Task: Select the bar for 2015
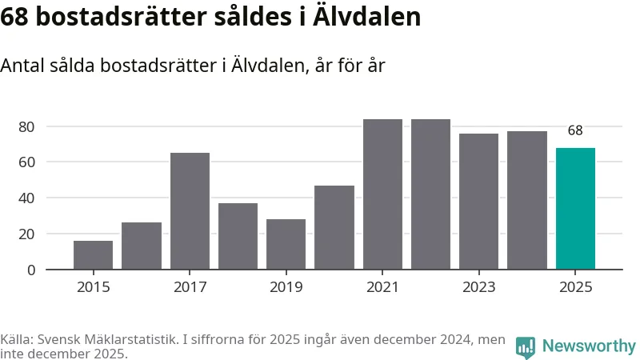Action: [x=93, y=254]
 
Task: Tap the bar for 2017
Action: [x=190, y=210]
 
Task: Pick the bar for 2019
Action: [x=286, y=243]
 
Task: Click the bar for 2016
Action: [x=142, y=246]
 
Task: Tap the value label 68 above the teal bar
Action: [x=575, y=130]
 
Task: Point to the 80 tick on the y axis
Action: [x=26, y=126]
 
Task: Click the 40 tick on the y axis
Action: [x=26, y=198]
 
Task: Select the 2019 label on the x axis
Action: [x=286, y=287]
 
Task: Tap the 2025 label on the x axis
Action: [x=575, y=287]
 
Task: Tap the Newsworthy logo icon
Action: [x=526, y=346]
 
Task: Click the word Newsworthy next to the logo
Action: [x=589, y=346]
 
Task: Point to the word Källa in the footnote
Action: [x=15, y=340]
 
